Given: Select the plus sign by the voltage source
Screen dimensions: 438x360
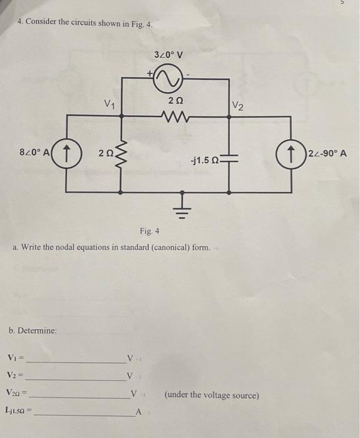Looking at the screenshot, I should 150,73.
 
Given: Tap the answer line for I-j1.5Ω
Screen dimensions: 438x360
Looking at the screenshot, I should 85,414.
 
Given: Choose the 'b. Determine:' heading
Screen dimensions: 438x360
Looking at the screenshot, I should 34,330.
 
